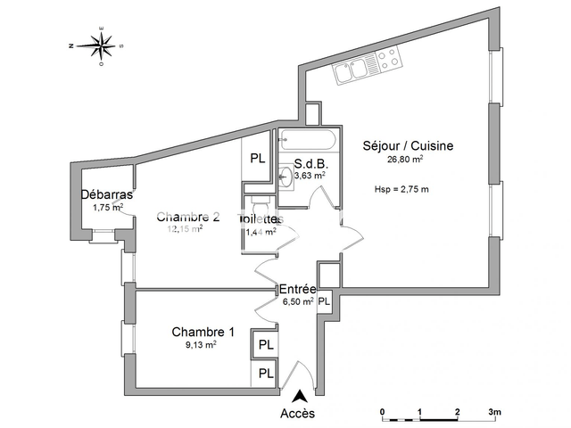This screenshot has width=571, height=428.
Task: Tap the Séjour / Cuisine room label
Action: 408,146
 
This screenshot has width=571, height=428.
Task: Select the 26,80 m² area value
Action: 404,160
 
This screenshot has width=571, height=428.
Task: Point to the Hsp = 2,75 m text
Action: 402,189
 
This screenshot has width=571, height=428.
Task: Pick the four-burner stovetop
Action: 388,61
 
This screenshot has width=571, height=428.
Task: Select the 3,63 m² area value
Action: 310,177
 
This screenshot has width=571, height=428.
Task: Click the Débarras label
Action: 107,195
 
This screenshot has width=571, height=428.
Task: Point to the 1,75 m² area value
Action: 107,208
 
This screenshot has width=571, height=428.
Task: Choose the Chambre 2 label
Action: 188,217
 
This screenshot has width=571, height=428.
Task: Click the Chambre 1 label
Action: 203,332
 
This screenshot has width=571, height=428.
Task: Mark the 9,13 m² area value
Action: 200,344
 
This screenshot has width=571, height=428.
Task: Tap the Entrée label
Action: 298,290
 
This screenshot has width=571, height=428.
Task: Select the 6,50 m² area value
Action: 295,302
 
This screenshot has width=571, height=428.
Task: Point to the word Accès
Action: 298,414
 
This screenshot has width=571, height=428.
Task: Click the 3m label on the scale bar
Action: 494,412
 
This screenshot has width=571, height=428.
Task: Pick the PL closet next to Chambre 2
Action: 257,159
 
